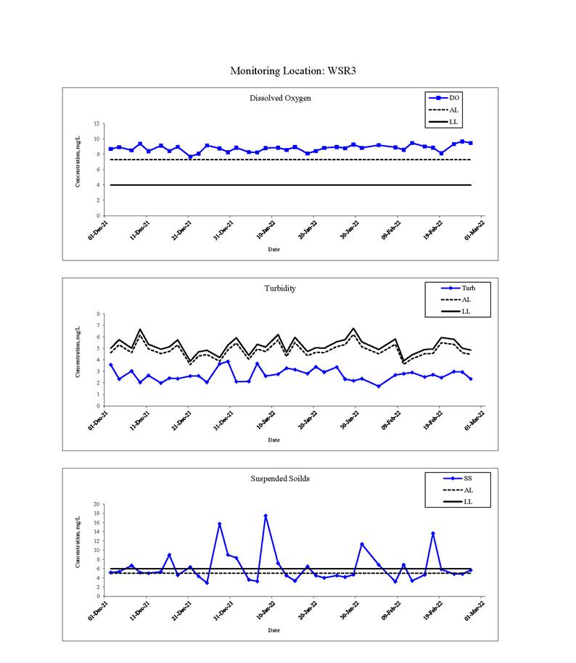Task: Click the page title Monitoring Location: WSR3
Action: point(293,70)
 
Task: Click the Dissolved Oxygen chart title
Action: point(280,98)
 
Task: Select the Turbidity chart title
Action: point(280,289)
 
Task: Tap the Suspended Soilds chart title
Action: point(280,479)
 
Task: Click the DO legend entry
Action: point(444,98)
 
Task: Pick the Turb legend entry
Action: point(458,288)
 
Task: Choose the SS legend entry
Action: point(458,478)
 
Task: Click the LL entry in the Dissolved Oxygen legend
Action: point(444,122)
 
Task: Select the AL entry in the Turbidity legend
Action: point(456,300)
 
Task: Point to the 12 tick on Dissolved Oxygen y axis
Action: point(96,124)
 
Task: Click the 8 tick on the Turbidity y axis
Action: point(98,314)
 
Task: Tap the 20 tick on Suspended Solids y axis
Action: point(96,504)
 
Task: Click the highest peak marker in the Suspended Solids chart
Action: point(266,516)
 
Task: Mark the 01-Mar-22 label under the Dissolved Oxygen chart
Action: point(474,231)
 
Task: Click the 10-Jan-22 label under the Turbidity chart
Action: point(266,420)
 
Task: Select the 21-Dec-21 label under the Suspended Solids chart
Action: point(181,611)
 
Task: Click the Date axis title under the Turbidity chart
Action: point(273,440)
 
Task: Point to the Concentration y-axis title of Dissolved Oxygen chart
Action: point(78,162)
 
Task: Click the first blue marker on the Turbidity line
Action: point(111,364)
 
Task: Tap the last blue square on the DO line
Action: point(471,143)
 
